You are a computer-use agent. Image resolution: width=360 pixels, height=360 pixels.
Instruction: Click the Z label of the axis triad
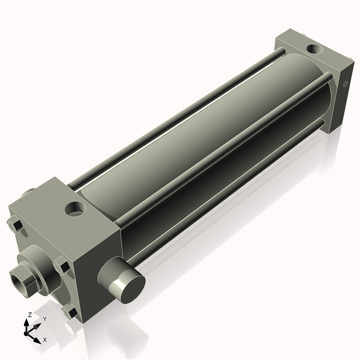30,314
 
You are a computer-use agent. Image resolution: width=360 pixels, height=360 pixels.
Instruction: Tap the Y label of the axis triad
44,319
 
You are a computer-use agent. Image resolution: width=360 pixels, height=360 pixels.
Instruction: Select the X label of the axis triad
44,340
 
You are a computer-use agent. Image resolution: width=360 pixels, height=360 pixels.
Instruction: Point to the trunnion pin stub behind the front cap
29,194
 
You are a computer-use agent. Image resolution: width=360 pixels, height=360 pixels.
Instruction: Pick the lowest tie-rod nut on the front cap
70,312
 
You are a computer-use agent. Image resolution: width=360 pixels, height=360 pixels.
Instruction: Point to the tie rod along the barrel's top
180,114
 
